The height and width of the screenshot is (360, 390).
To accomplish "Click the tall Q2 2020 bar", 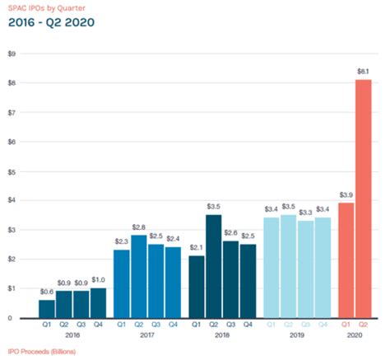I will pos(363,199).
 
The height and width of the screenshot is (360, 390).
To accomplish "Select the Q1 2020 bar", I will pos(346,260).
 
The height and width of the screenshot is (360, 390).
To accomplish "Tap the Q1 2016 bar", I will pos(47,309).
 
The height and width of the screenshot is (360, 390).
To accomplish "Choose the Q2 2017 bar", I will pos(137,277).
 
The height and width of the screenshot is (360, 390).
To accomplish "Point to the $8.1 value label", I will pos(363,72).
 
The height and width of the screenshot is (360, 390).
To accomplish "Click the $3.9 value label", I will pos(346,195).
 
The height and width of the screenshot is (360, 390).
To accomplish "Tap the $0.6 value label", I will pos(47,292).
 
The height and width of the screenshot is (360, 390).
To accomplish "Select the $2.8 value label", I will pos(137,227).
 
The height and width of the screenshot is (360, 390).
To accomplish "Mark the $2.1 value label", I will pos(196,248).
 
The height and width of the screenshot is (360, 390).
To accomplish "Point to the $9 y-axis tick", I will pos(12,54).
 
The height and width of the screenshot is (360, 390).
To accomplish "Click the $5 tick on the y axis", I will pos(12,171).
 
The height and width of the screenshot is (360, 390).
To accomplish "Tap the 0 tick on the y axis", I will pos(12,318).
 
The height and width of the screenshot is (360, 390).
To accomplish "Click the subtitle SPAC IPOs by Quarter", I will pos(44,7).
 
